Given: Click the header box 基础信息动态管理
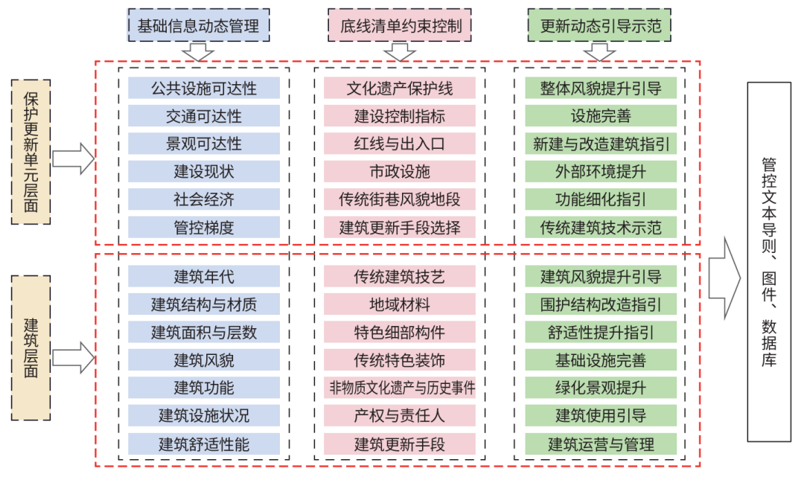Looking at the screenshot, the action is [x=199, y=25].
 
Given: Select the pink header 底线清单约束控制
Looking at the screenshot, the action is [x=400, y=25].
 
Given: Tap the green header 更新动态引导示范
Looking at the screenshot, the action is [x=600, y=25].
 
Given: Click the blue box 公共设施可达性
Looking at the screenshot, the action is [x=204, y=88].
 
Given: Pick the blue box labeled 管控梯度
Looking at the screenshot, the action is [x=204, y=227].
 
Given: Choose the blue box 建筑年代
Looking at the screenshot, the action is [x=204, y=277].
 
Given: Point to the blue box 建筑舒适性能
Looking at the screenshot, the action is [x=204, y=444].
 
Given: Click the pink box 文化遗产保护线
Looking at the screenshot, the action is [x=400, y=88].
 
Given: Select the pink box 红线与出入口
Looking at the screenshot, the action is [x=400, y=144].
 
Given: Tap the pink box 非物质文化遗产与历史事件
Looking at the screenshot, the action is [x=400, y=388].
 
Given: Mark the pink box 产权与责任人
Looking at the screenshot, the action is [x=400, y=415].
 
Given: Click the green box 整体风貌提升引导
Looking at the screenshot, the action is [x=601, y=88].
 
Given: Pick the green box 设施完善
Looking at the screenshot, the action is [x=601, y=116].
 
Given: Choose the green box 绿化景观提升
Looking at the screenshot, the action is [x=601, y=388].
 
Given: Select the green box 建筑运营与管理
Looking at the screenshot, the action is [x=601, y=444].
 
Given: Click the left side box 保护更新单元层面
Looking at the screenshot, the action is [x=31, y=152].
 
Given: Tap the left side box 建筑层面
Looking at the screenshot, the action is [x=31, y=348].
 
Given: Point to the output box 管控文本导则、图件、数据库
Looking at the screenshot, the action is [x=769, y=262].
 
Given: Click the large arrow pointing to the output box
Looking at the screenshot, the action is [x=724, y=278].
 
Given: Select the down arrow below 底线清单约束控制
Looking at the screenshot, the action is [x=400, y=52].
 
